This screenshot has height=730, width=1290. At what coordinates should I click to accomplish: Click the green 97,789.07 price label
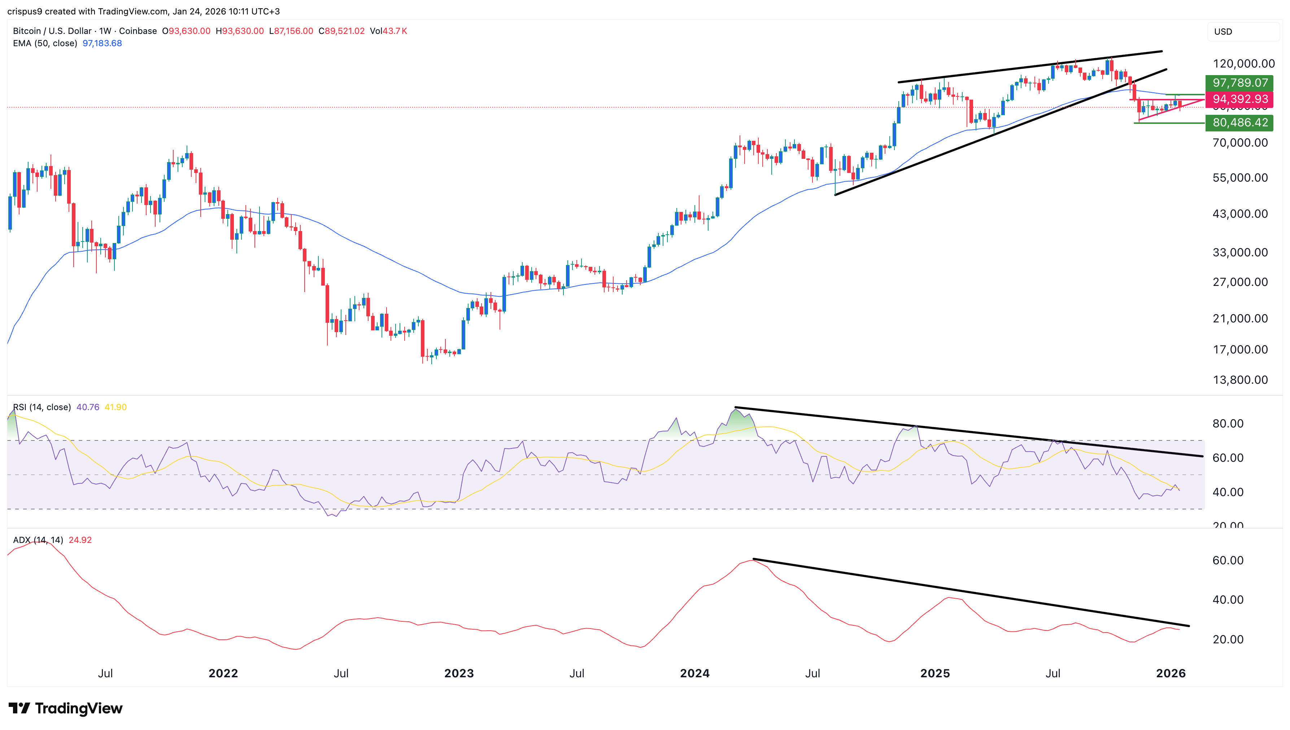click(1239, 83)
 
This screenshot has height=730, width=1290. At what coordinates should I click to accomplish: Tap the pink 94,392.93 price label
click(1239, 99)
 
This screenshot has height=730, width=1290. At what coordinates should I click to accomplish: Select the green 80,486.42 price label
click(1239, 122)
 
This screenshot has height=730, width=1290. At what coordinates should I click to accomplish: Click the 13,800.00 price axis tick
click(1240, 380)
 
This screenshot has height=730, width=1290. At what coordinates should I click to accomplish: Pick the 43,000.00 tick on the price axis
click(1240, 214)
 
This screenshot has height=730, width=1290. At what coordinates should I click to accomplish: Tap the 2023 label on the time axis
click(458, 673)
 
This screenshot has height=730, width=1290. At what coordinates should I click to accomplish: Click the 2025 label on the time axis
click(935, 673)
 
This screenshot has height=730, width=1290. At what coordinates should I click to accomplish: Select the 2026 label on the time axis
click(1170, 673)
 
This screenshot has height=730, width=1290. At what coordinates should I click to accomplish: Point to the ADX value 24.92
click(80, 540)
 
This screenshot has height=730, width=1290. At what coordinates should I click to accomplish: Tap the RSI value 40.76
click(88, 408)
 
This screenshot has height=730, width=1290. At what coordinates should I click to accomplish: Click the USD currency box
click(1223, 31)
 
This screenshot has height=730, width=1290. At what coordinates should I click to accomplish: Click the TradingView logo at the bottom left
click(66, 708)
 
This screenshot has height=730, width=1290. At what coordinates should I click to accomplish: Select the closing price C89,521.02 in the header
click(341, 31)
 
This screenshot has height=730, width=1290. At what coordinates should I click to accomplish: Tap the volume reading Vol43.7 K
click(388, 31)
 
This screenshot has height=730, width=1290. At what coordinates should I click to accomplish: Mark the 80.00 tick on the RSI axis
click(1227, 423)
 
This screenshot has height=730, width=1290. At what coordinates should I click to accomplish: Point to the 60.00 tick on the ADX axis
click(1227, 561)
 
